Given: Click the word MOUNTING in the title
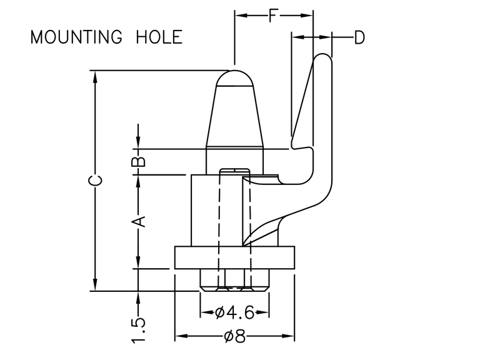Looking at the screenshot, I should [x=76, y=37].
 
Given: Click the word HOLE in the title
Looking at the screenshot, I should [x=159, y=37].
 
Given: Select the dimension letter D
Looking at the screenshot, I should [x=359, y=38].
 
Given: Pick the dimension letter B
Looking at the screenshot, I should [x=139, y=161].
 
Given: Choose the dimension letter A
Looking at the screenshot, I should [x=139, y=221].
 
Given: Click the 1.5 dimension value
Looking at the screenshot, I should [x=139, y=330].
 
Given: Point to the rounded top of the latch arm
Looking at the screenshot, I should [x=321, y=59].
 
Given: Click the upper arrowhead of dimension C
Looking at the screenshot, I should [x=95, y=76].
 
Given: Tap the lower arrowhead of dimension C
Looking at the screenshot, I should [x=95, y=286].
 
